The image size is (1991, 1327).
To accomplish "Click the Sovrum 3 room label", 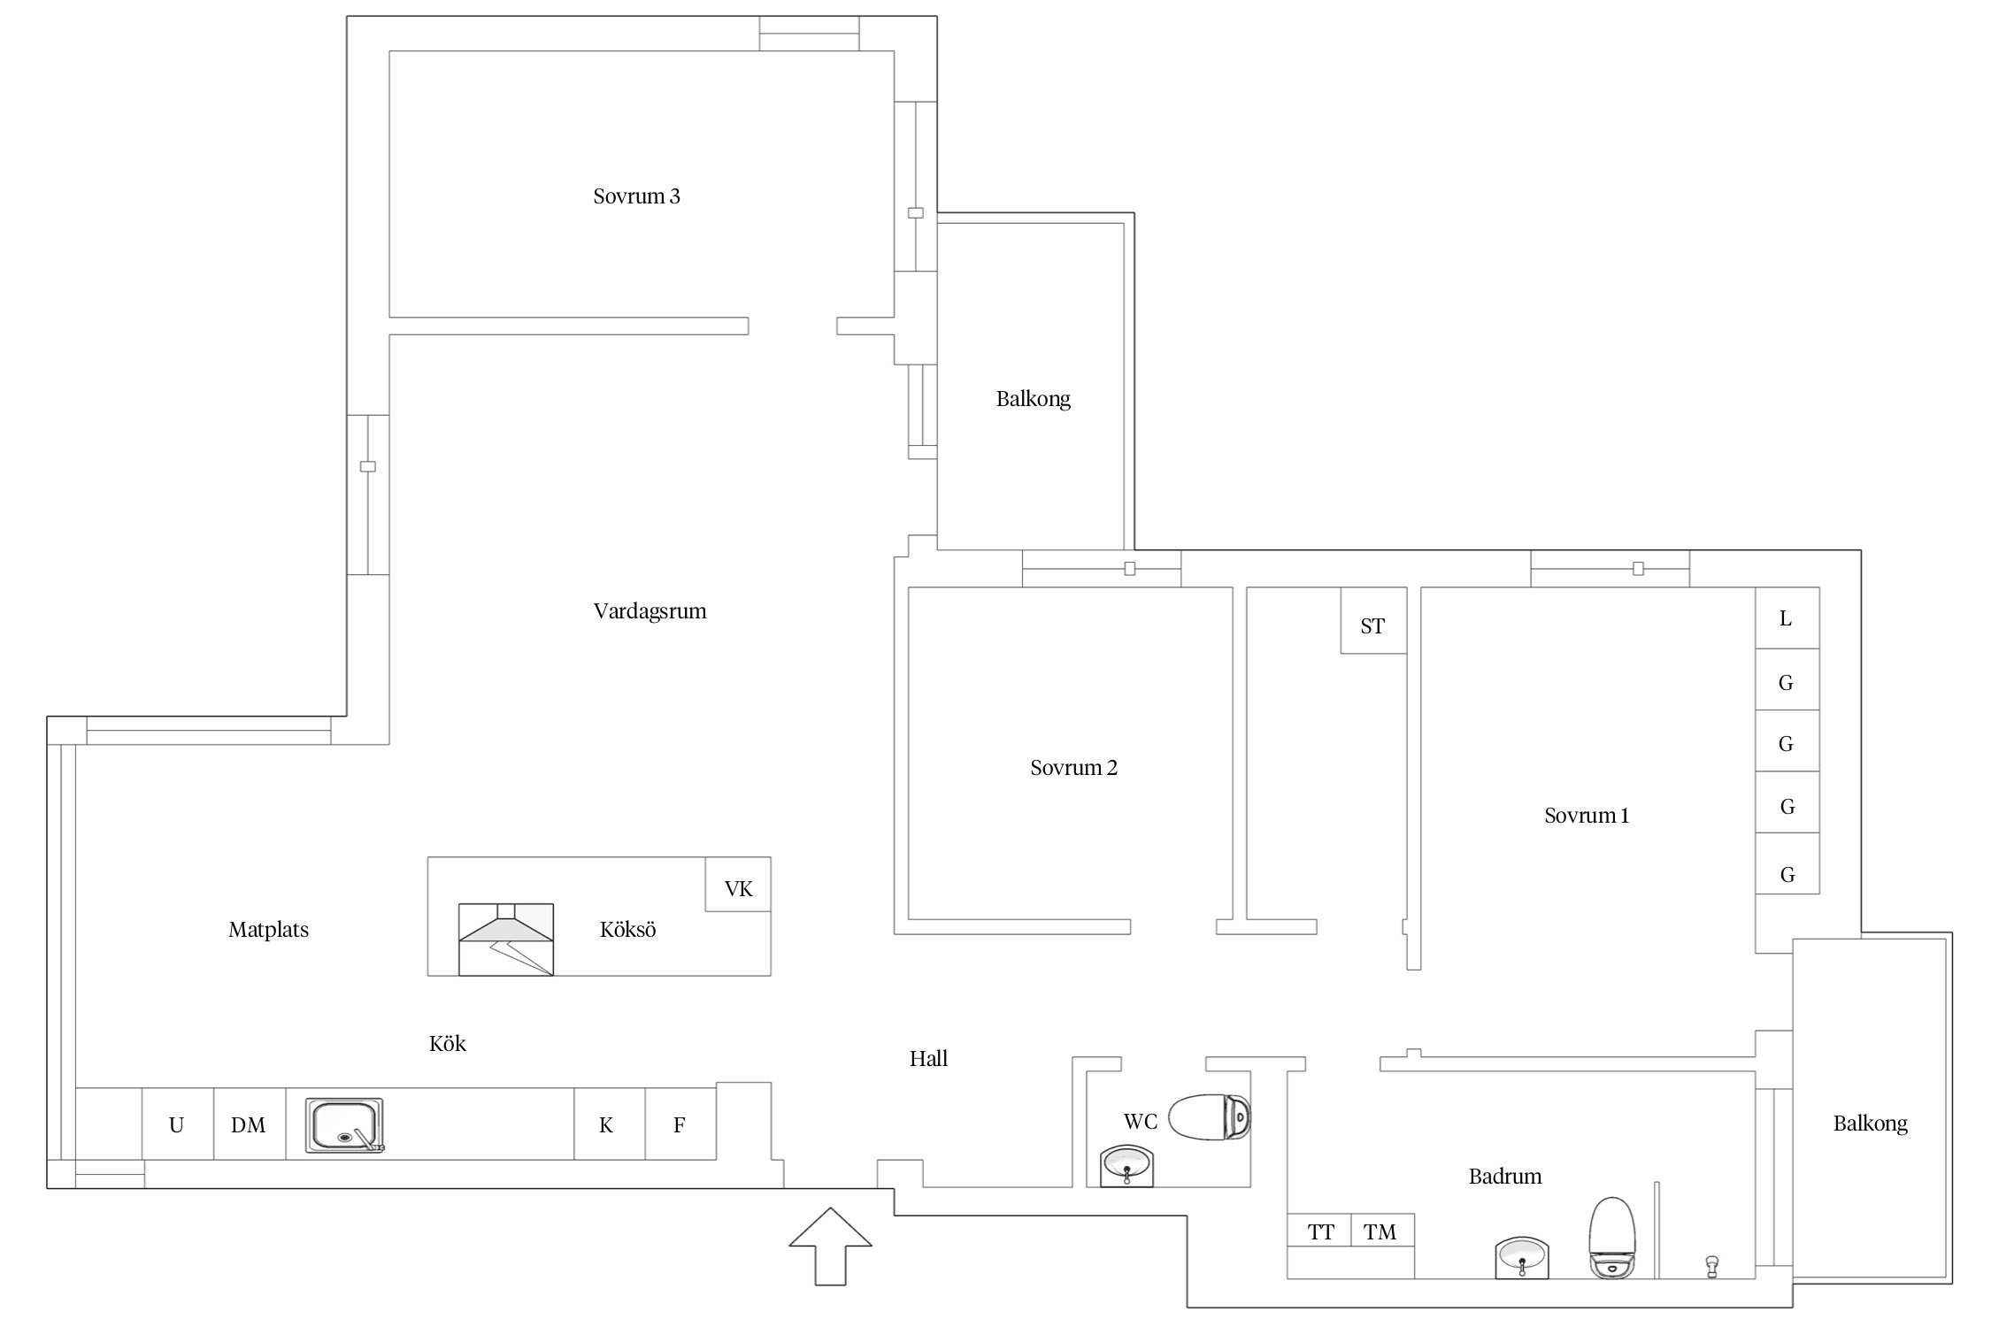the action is pyautogui.click(x=636, y=196).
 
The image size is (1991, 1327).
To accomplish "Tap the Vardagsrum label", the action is pyautogui.click(x=650, y=611).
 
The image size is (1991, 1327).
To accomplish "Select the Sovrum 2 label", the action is pyautogui.click(x=1073, y=768).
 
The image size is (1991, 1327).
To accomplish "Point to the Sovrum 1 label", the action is pyautogui.click(x=1586, y=816).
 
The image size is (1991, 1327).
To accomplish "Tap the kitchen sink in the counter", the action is pyautogui.click(x=345, y=1125).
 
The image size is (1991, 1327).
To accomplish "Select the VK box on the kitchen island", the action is pyautogui.click(x=738, y=885).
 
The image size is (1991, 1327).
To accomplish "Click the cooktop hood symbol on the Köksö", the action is pyautogui.click(x=506, y=940).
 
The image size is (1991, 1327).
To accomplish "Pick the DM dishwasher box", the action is pyautogui.click(x=250, y=1124).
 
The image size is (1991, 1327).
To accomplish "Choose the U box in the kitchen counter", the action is pyautogui.click(x=178, y=1124).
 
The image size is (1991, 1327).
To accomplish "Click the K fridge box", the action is pyautogui.click(x=610, y=1124).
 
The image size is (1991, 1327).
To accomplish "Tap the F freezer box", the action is pyautogui.click(x=680, y=1124).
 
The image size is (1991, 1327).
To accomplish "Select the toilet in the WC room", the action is pyautogui.click(x=1210, y=1117).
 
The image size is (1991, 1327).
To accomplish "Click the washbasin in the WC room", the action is pyautogui.click(x=1126, y=1166).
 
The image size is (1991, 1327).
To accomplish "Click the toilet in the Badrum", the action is pyautogui.click(x=1612, y=1238).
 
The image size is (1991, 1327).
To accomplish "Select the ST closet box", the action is pyautogui.click(x=1373, y=621).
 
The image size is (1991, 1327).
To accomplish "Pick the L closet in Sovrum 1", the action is pyautogui.click(x=1787, y=618).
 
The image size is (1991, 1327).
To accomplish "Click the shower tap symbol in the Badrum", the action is pyautogui.click(x=1712, y=1266).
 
